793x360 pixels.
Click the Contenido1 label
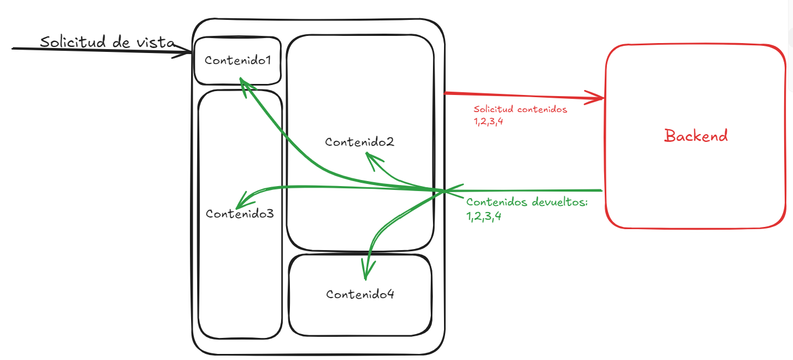[x=237, y=61]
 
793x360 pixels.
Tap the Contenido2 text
[x=360, y=142]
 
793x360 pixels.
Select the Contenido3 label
[x=240, y=213]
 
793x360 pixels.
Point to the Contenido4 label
[x=360, y=294]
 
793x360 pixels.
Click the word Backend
[x=696, y=136]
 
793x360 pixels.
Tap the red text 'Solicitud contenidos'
[x=521, y=109]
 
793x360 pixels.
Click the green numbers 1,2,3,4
[x=484, y=216]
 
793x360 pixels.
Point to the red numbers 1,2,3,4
[x=488, y=121]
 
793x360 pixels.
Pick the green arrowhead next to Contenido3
[x=241, y=200]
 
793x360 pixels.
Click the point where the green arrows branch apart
[x=443, y=191]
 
